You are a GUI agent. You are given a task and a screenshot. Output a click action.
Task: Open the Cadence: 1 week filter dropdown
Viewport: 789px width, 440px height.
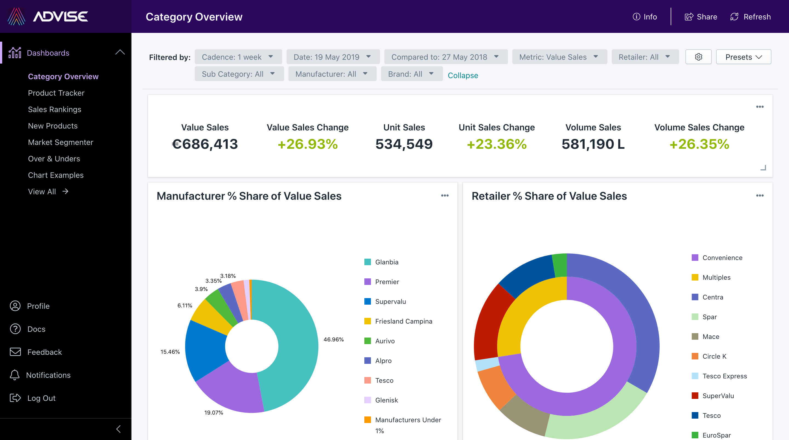(x=238, y=57)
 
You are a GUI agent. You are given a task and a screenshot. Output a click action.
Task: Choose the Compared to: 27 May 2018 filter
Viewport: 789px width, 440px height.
(x=445, y=57)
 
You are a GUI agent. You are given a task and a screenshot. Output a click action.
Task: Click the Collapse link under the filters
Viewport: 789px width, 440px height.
(x=462, y=75)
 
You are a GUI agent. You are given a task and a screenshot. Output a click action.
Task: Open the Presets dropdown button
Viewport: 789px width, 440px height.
(x=743, y=57)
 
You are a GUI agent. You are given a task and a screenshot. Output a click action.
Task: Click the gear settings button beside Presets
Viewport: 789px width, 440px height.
(x=698, y=57)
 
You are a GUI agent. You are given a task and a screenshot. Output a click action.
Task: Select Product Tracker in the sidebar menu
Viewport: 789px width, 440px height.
(x=56, y=93)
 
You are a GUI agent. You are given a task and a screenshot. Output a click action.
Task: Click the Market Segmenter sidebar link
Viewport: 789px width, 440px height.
(x=60, y=142)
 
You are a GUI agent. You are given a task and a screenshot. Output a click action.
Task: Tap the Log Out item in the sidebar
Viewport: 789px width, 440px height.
(x=41, y=398)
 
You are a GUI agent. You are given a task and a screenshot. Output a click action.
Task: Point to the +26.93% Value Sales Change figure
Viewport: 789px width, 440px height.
(x=307, y=144)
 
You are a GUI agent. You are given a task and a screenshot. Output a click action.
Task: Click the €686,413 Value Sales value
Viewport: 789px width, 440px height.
(x=205, y=144)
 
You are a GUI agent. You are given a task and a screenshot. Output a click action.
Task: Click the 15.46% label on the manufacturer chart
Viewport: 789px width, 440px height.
(x=170, y=352)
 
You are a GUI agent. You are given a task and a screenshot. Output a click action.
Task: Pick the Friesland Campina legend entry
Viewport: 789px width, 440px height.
(x=403, y=321)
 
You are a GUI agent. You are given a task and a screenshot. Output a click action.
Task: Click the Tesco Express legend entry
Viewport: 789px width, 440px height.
(x=724, y=376)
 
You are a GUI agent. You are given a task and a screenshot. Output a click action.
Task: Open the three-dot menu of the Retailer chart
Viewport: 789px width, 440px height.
(x=760, y=196)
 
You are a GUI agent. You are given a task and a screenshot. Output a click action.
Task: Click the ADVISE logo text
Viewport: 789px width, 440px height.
(x=60, y=16)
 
